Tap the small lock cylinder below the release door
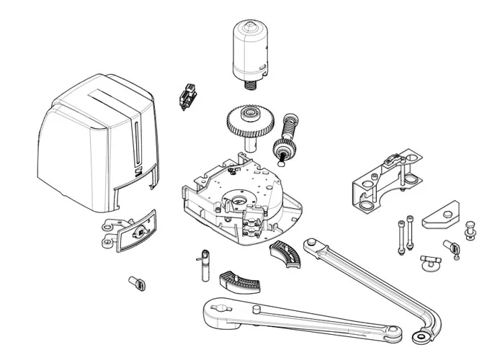tap(135, 282)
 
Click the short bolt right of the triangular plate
tap(470, 230)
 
